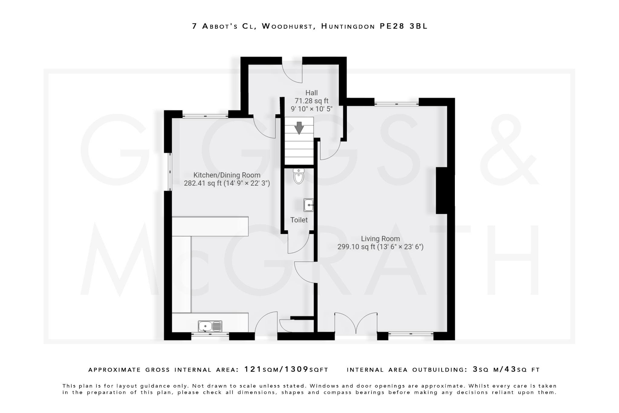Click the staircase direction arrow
point(299,128)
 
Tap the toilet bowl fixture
point(299,176)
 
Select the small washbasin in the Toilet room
point(309,205)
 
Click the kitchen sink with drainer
point(210,326)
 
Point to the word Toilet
point(299,220)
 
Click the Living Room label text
point(380,239)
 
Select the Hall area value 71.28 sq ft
point(311,101)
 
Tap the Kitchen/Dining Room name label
point(227,175)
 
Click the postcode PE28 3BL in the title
point(403,26)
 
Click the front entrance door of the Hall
point(292,72)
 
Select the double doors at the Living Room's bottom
point(356,324)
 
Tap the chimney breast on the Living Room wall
point(445,190)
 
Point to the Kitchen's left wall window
point(170,172)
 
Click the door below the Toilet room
point(298,244)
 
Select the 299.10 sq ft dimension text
point(357,247)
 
